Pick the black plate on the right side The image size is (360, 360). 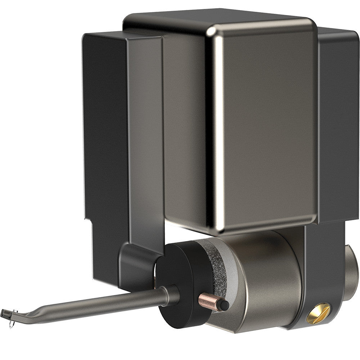point(338,126)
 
